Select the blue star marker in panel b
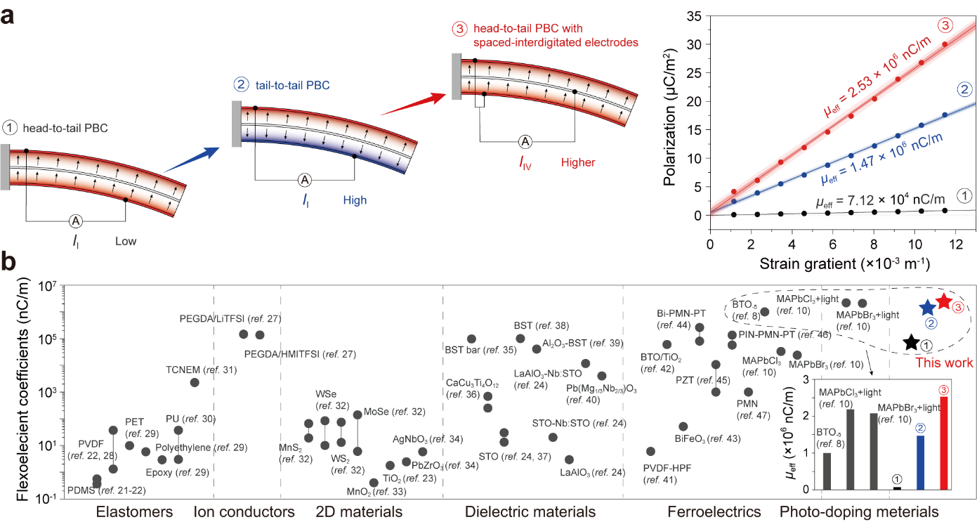928,307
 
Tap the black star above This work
910,342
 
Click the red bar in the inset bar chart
943,443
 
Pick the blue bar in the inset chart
920,462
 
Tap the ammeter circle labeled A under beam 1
76,221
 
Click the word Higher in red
577,163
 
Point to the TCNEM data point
195,382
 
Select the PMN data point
749,392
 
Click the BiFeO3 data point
683,426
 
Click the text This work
943,363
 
